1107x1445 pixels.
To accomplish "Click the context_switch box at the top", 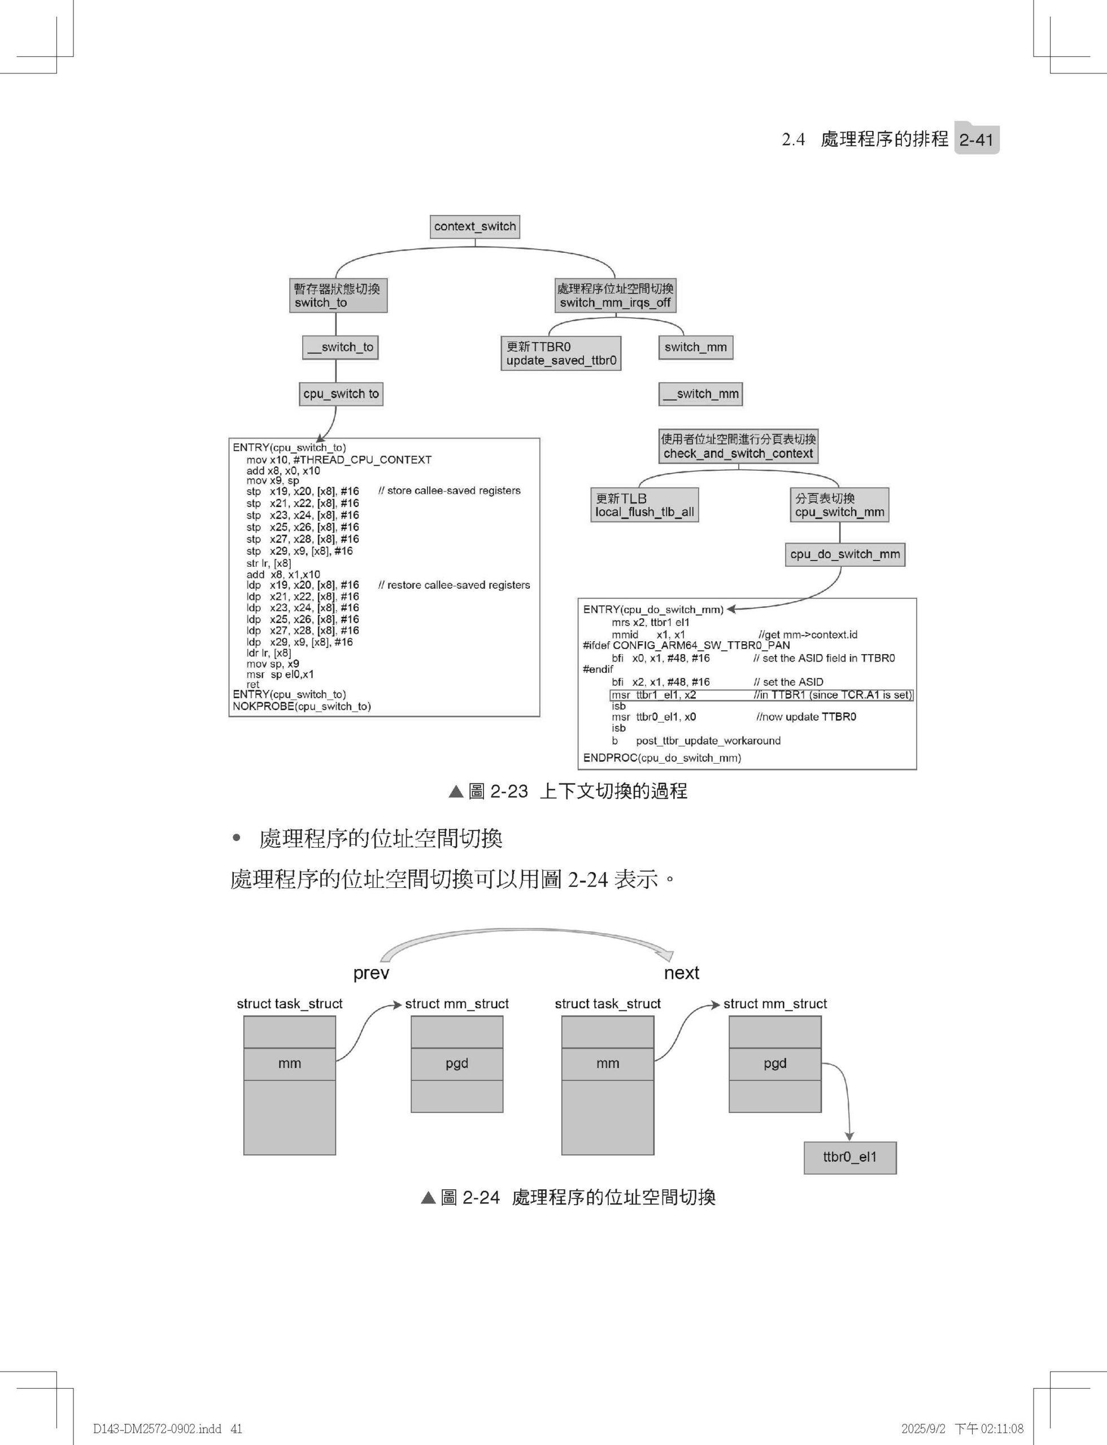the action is point(475,226).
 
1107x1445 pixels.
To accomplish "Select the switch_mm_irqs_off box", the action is point(616,296).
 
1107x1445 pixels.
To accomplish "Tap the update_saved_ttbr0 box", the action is point(561,354).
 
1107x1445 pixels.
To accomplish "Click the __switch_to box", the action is point(340,347).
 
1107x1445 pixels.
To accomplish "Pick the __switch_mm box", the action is point(700,394).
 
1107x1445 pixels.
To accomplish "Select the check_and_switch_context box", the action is point(738,446).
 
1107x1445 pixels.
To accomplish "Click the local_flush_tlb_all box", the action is point(644,505).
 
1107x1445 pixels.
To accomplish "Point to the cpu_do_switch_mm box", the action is point(845,554).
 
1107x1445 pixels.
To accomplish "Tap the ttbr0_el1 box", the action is point(850,1157).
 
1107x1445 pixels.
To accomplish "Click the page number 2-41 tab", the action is point(977,139).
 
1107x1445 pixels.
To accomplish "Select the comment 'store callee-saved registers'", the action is point(450,491).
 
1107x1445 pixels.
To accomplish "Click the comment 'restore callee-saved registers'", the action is point(454,585).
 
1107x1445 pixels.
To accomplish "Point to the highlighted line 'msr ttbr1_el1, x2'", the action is point(762,695).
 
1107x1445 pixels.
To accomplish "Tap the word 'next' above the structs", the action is point(681,973).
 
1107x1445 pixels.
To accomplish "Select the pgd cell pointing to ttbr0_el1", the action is point(775,1063).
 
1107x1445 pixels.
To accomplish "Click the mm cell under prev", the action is point(289,1063).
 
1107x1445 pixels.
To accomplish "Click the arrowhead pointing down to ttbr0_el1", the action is point(849,1136).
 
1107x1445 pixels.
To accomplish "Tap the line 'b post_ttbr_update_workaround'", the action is point(696,741).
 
